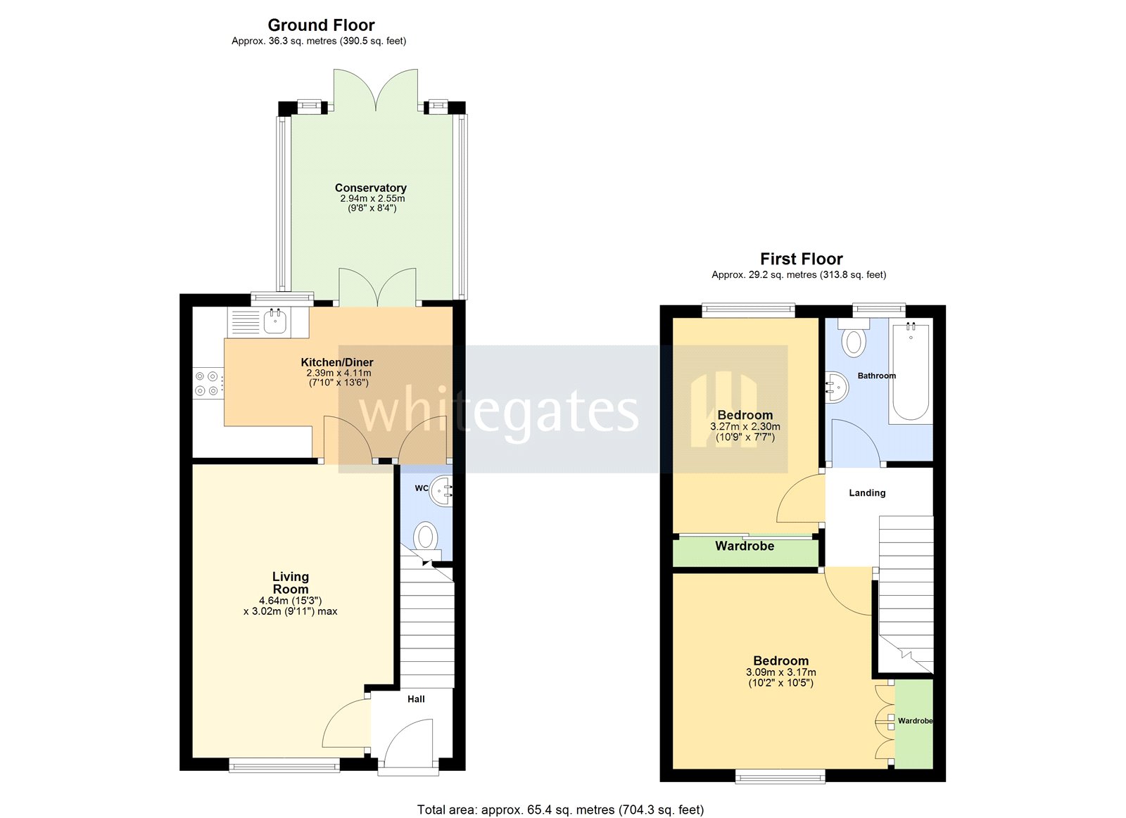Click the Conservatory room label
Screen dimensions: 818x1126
tap(370, 188)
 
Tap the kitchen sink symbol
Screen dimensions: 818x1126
tap(275, 322)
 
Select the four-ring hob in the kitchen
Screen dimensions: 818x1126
tap(207, 384)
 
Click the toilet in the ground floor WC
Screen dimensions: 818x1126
tap(426, 537)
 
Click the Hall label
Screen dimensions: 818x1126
tap(416, 699)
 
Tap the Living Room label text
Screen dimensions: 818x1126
tap(291, 582)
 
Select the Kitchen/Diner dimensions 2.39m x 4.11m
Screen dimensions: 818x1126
tap(339, 373)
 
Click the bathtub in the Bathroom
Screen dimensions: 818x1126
tap(911, 371)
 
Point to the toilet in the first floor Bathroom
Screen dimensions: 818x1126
tap(854, 340)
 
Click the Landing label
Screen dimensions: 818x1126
tap(867, 493)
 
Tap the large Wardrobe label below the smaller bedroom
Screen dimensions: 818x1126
tap(745, 546)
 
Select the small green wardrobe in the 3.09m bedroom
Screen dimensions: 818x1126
tap(913, 723)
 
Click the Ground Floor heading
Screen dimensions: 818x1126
tap(321, 25)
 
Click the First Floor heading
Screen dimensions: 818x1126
tap(801, 259)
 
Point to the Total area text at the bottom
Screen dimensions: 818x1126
tap(560, 810)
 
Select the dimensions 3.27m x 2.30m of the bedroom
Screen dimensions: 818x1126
tap(745, 426)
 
